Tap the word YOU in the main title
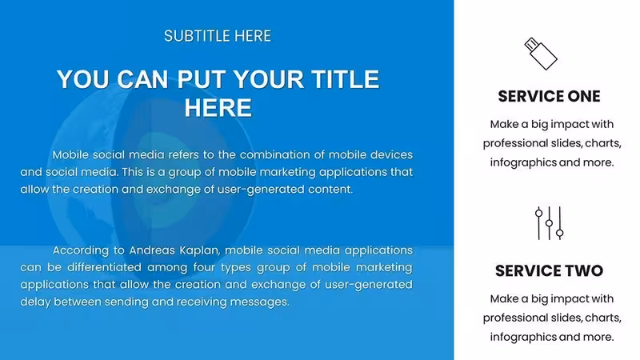pos(83,79)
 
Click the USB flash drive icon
pos(541,54)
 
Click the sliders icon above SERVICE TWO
pos(550,223)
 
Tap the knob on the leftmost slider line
pos(538,213)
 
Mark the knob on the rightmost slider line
pos(560,233)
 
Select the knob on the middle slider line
pos(550,223)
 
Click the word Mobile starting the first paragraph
pos(70,154)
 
